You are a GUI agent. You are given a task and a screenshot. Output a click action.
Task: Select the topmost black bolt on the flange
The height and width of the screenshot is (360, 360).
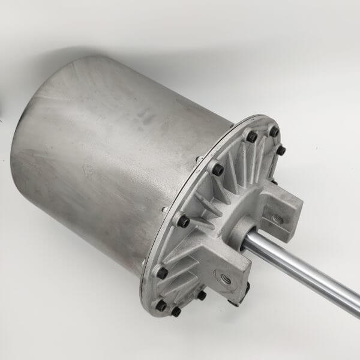click(274, 131)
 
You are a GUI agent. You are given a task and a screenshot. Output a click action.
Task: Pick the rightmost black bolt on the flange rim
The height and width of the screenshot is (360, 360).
click(281, 151)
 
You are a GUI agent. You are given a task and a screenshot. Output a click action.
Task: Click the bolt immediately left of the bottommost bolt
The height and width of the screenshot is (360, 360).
click(161, 305)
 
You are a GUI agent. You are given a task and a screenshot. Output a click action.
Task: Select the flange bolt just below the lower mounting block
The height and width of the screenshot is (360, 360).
click(202, 295)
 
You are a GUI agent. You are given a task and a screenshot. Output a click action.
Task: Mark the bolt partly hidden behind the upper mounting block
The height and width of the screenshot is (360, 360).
click(274, 181)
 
